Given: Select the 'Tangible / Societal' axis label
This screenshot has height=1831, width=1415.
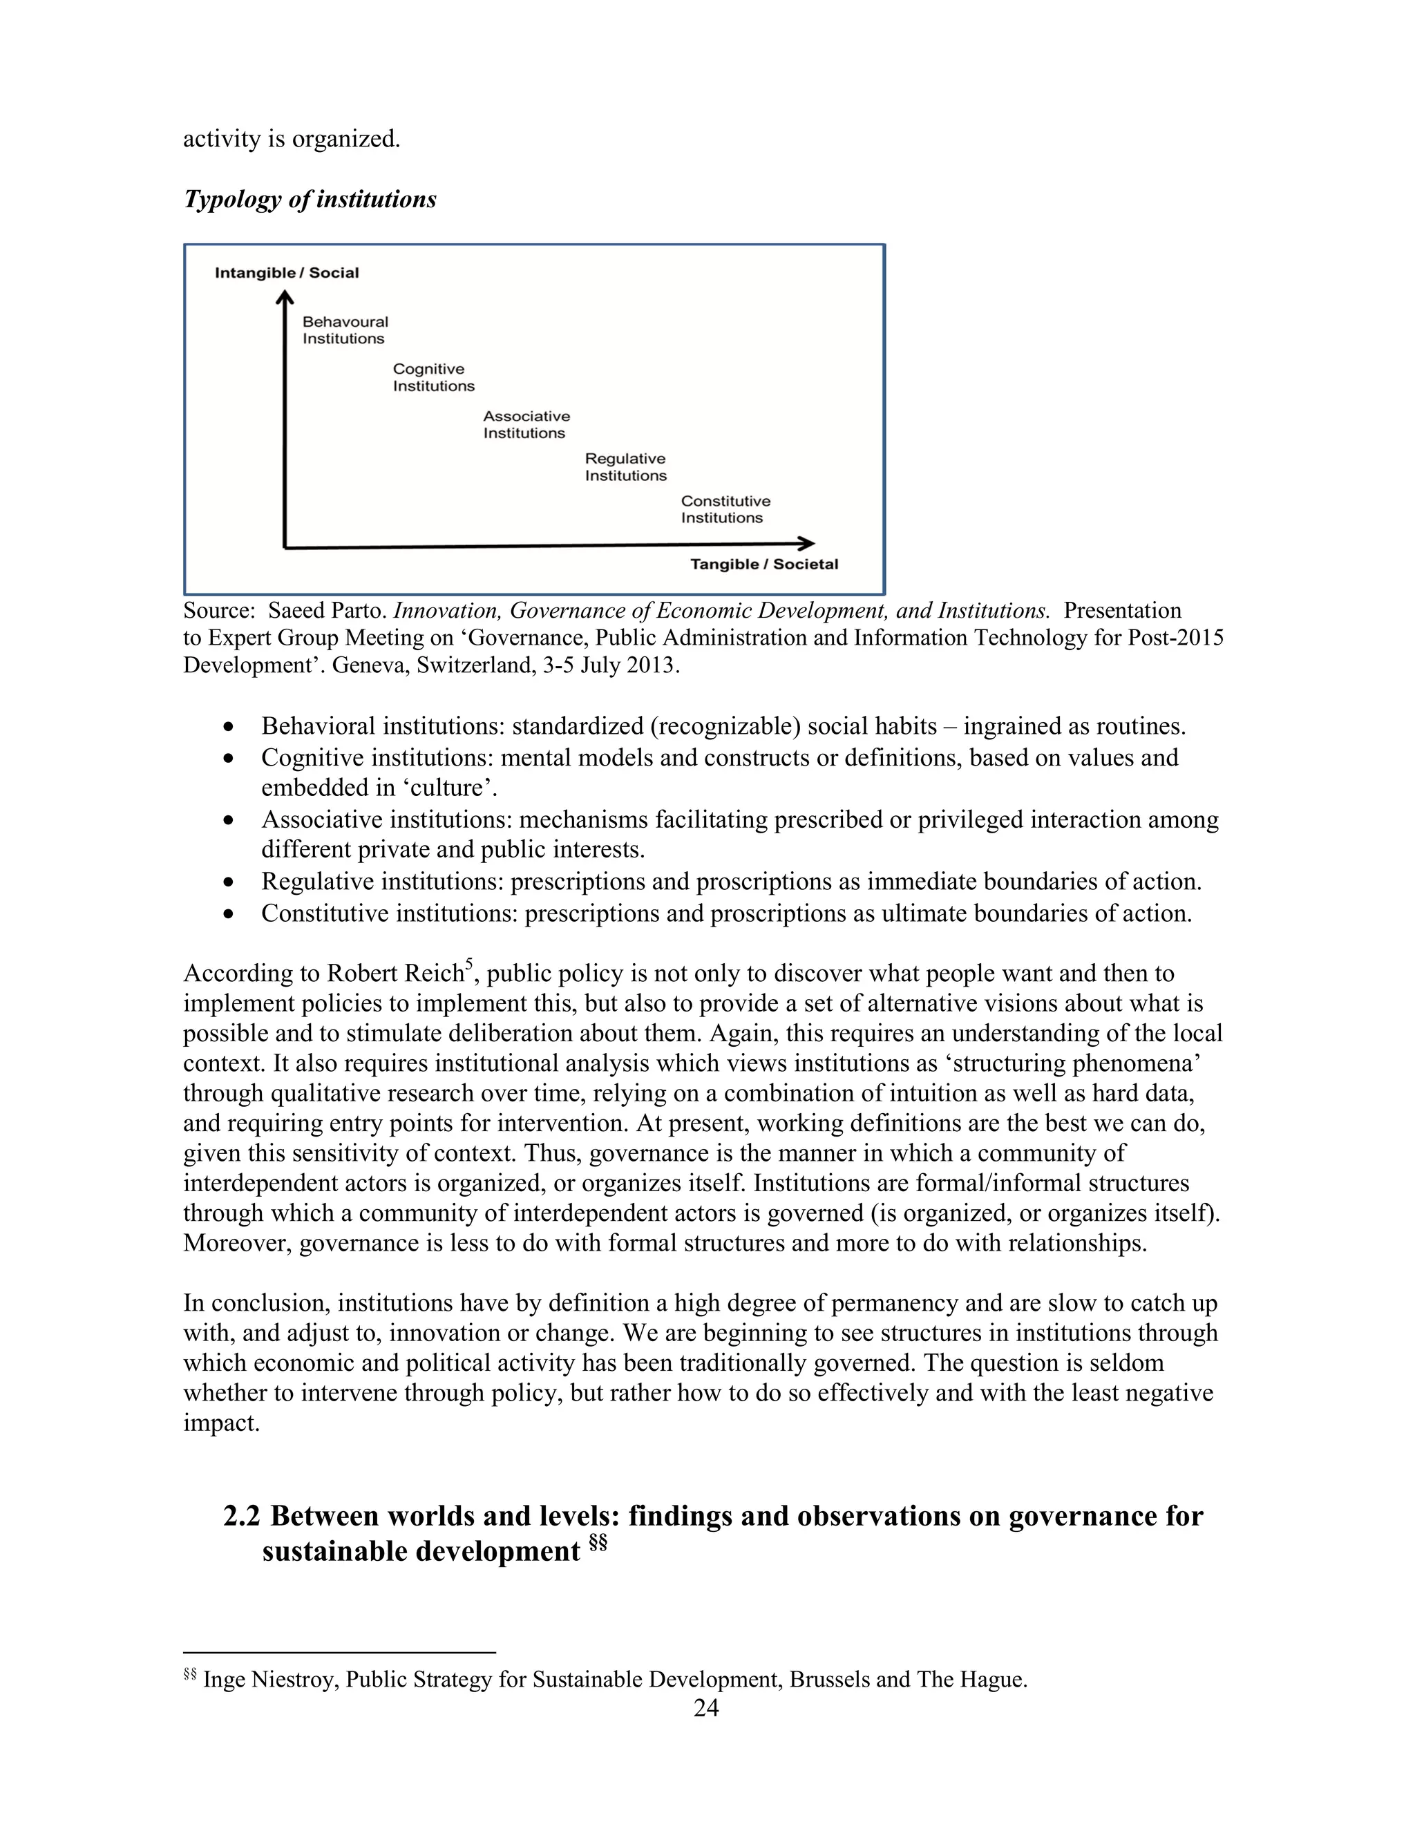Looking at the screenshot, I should click(x=763, y=565).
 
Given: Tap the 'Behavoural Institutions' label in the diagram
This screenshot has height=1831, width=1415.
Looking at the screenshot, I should click(x=345, y=330).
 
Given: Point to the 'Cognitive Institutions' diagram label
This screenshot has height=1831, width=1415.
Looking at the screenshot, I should click(x=433, y=377).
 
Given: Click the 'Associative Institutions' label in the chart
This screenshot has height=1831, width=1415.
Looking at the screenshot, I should click(x=526, y=424).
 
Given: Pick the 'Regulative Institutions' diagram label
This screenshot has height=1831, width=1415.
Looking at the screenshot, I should click(x=625, y=467).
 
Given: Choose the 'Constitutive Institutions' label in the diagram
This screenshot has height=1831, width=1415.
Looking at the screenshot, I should click(x=725, y=509).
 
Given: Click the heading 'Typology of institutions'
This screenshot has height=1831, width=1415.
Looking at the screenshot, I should click(x=310, y=200).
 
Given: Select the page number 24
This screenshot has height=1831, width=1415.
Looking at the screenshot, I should click(x=706, y=1708).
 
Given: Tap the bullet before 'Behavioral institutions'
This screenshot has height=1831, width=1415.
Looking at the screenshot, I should click(x=229, y=727).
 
